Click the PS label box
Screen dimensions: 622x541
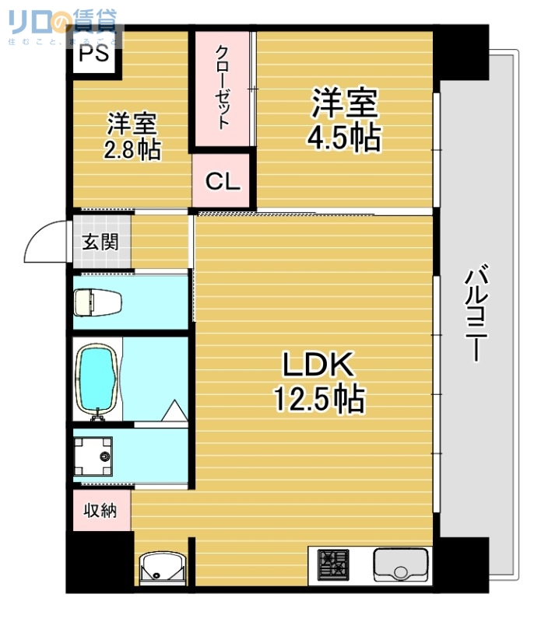(x=93, y=54)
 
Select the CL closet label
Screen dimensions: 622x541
(x=223, y=181)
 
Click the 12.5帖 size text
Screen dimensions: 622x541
(x=318, y=400)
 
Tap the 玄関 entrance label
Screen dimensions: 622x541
(x=101, y=241)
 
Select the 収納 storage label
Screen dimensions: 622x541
(x=101, y=511)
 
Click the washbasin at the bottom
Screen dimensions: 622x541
(x=160, y=568)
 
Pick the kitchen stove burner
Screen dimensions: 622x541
(x=334, y=564)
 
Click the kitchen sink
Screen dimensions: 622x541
(x=400, y=564)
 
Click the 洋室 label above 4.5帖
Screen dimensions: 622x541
(x=345, y=103)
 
